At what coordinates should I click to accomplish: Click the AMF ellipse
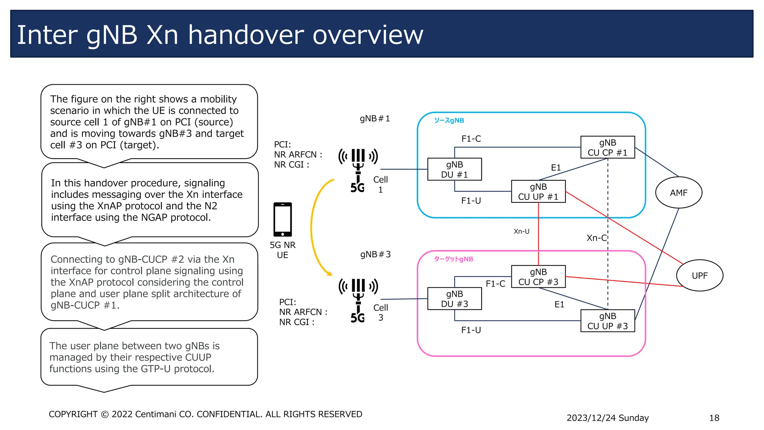point(678,193)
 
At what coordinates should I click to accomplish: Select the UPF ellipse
point(699,275)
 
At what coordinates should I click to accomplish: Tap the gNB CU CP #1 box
point(607,147)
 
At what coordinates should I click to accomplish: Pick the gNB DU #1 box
point(454,169)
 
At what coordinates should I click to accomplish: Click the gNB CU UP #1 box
point(538,191)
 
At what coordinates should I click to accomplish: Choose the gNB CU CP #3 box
point(538,277)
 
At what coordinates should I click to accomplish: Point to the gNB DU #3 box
point(454,299)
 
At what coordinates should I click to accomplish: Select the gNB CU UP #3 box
point(607,321)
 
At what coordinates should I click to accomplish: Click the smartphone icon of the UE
point(282,219)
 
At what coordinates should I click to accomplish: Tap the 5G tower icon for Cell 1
point(358,170)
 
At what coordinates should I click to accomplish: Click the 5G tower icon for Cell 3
point(358,300)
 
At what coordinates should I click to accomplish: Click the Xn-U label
point(521,231)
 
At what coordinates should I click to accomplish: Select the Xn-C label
point(596,238)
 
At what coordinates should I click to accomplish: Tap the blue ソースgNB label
point(449,121)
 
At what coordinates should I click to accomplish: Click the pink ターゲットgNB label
point(453,259)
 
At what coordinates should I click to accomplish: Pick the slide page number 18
point(714,418)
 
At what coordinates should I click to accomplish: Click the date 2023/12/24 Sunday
point(607,418)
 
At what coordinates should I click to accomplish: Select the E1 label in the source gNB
point(556,168)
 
